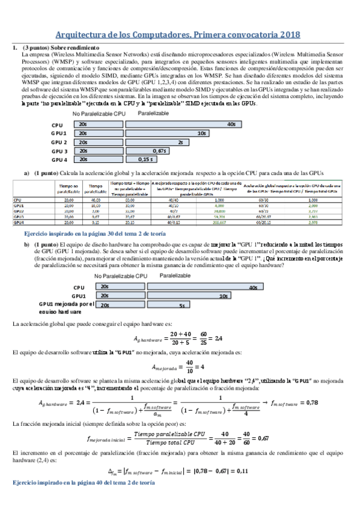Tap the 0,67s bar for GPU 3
pyautogui.click(x=144, y=151)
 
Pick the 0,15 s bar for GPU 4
pyautogui.click(x=138, y=160)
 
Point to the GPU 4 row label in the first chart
pyautogui.click(x=58, y=160)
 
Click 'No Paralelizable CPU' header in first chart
pyautogui.click(x=100, y=114)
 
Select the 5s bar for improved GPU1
pyautogui.click(x=158, y=306)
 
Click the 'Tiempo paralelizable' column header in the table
pyautogui.click(x=96, y=189)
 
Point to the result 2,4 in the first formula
pyautogui.click(x=219, y=337)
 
